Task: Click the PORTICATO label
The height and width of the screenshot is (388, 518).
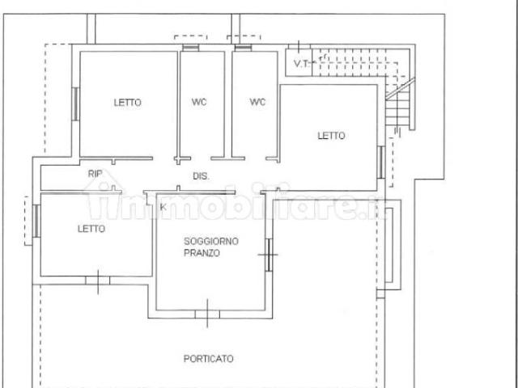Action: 209,359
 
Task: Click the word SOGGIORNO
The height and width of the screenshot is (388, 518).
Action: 211,241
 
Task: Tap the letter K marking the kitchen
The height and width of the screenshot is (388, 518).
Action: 163,207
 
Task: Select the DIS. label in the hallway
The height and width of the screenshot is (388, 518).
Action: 201,176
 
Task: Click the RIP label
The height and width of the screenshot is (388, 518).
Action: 96,174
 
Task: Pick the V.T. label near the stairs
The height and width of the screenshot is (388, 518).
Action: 302,63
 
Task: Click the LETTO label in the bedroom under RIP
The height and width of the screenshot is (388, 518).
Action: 91,229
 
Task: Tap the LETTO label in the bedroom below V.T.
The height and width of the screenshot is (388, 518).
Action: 331,136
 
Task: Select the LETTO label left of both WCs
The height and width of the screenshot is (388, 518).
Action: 128,103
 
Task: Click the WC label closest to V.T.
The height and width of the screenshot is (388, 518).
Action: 257,102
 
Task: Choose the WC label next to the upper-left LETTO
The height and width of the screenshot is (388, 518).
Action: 199,102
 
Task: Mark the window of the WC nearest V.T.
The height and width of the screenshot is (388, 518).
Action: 243,48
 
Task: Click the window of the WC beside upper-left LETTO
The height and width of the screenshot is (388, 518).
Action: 191,48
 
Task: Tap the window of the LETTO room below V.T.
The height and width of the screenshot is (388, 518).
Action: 381,162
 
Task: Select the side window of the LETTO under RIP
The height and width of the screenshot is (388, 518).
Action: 36,221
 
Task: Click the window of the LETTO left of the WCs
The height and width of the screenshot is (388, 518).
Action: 75,104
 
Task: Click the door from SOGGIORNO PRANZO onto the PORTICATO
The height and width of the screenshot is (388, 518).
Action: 207,314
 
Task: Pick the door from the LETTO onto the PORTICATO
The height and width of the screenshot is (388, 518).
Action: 98,280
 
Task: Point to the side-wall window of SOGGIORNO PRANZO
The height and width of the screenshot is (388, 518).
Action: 269,255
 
